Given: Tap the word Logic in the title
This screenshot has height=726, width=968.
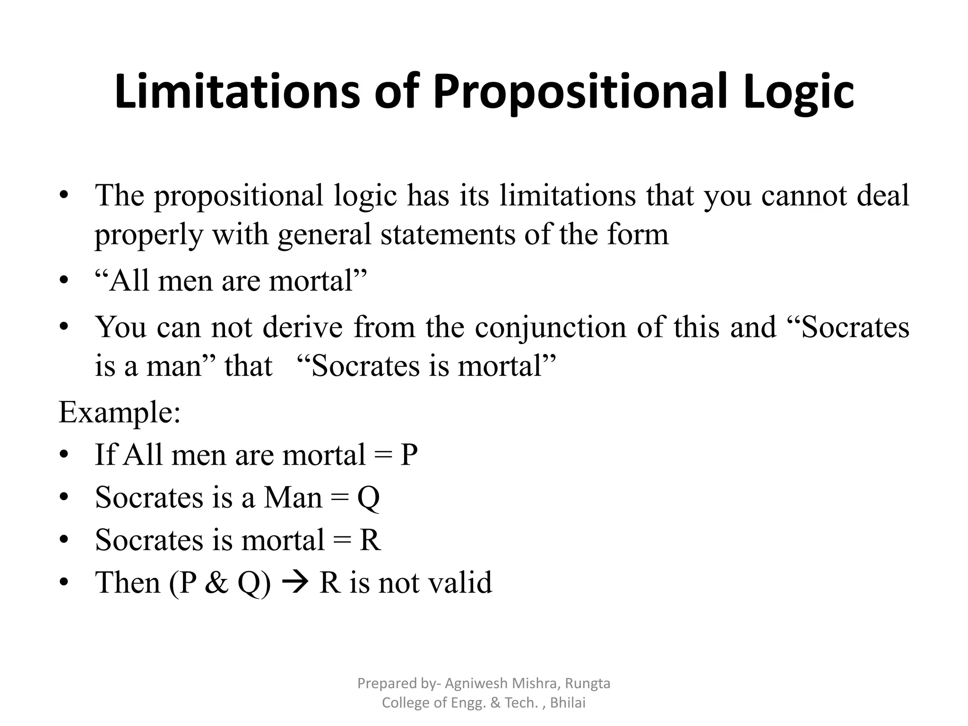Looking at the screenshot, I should (x=798, y=93).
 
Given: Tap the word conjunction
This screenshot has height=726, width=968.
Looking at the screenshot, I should (x=550, y=328).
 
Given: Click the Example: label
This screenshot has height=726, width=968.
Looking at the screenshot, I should (x=120, y=413).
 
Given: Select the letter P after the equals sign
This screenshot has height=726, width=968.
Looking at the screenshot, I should (x=409, y=455).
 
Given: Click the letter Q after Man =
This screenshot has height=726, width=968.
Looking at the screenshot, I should (x=368, y=498).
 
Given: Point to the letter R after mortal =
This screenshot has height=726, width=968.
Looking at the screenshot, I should (x=370, y=540).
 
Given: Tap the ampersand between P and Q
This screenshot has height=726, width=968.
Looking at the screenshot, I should (x=216, y=582).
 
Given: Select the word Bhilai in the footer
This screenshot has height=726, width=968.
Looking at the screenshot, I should (x=568, y=703).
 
